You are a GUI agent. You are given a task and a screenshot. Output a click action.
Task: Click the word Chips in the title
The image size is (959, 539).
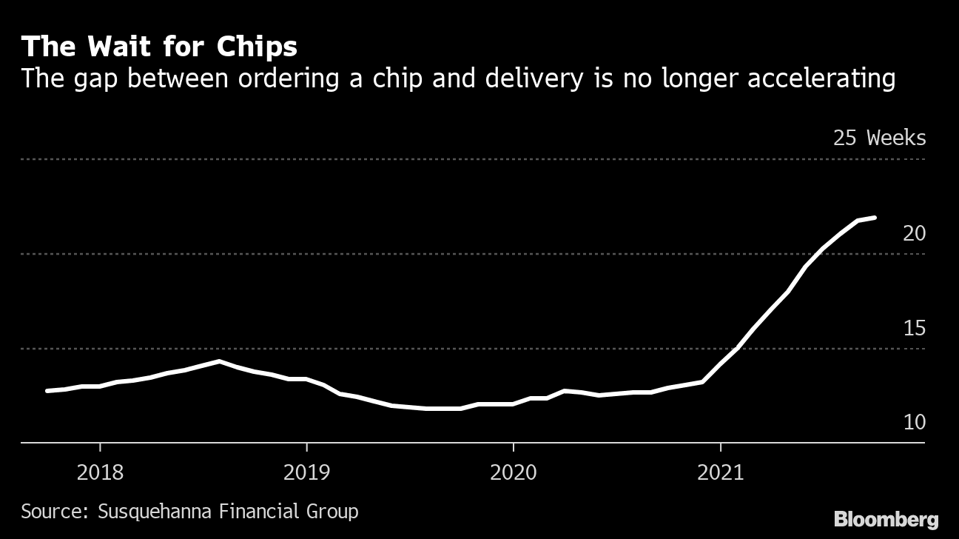pyautogui.click(x=257, y=47)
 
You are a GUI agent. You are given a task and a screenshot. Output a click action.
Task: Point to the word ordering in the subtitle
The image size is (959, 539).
pyautogui.click(x=295, y=78)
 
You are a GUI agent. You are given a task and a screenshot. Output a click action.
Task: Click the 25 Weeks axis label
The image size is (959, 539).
pyautogui.click(x=879, y=138)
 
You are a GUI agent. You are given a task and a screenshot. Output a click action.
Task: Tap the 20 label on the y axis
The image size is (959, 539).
pyautogui.click(x=914, y=233)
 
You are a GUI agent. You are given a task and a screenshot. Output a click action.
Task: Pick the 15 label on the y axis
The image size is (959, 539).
pyautogui.click(x=914, y=328)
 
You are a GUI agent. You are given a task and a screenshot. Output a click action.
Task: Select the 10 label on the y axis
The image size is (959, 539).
pyautogui.click(x=914, y=423)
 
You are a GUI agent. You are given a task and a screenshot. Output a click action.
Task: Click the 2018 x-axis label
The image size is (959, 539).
pyautogui.click(x=100, y=472)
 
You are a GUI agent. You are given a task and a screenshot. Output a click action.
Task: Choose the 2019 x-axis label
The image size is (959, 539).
pyautogui.click(x=306, y=472)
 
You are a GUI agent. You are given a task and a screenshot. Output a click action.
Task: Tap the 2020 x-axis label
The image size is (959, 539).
pyautogui.click(x=513, y=472)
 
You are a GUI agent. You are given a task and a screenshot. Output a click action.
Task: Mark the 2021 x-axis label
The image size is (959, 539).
pyautogui.click(x=720, y=472)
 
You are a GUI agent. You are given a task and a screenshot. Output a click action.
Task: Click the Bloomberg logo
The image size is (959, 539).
pyautogui.click(x=886, y=519)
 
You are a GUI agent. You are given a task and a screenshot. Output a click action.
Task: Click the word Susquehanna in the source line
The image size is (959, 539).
pyautogui.click(x=146, y=512)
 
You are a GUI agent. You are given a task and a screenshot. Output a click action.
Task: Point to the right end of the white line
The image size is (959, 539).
pyautogui.click(x=875, y=218)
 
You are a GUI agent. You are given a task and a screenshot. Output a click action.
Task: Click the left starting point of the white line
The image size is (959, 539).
pyautogui.click(x=47, y=391)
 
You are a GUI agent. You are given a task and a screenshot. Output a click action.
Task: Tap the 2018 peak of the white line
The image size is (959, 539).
pyautogui.click(x=219, y=361)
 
